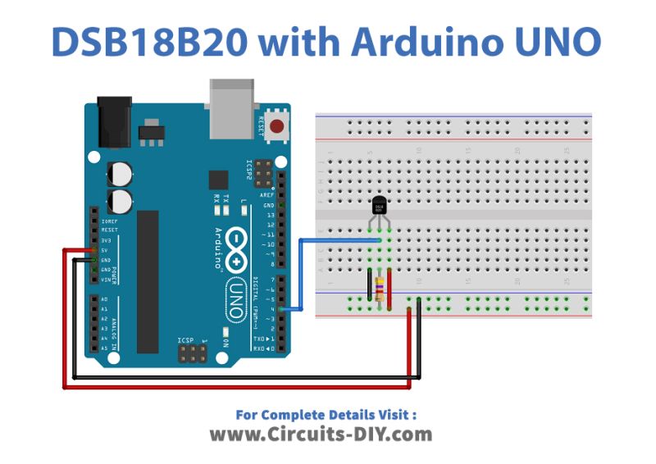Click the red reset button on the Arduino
[278, 127]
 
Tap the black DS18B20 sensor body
[379, 206]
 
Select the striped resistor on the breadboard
[379, 288]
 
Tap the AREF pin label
[267, 195]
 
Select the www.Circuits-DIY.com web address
[320, 434]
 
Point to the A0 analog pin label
[103, 299]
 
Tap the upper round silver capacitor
[123, 173]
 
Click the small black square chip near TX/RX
[218, 180]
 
